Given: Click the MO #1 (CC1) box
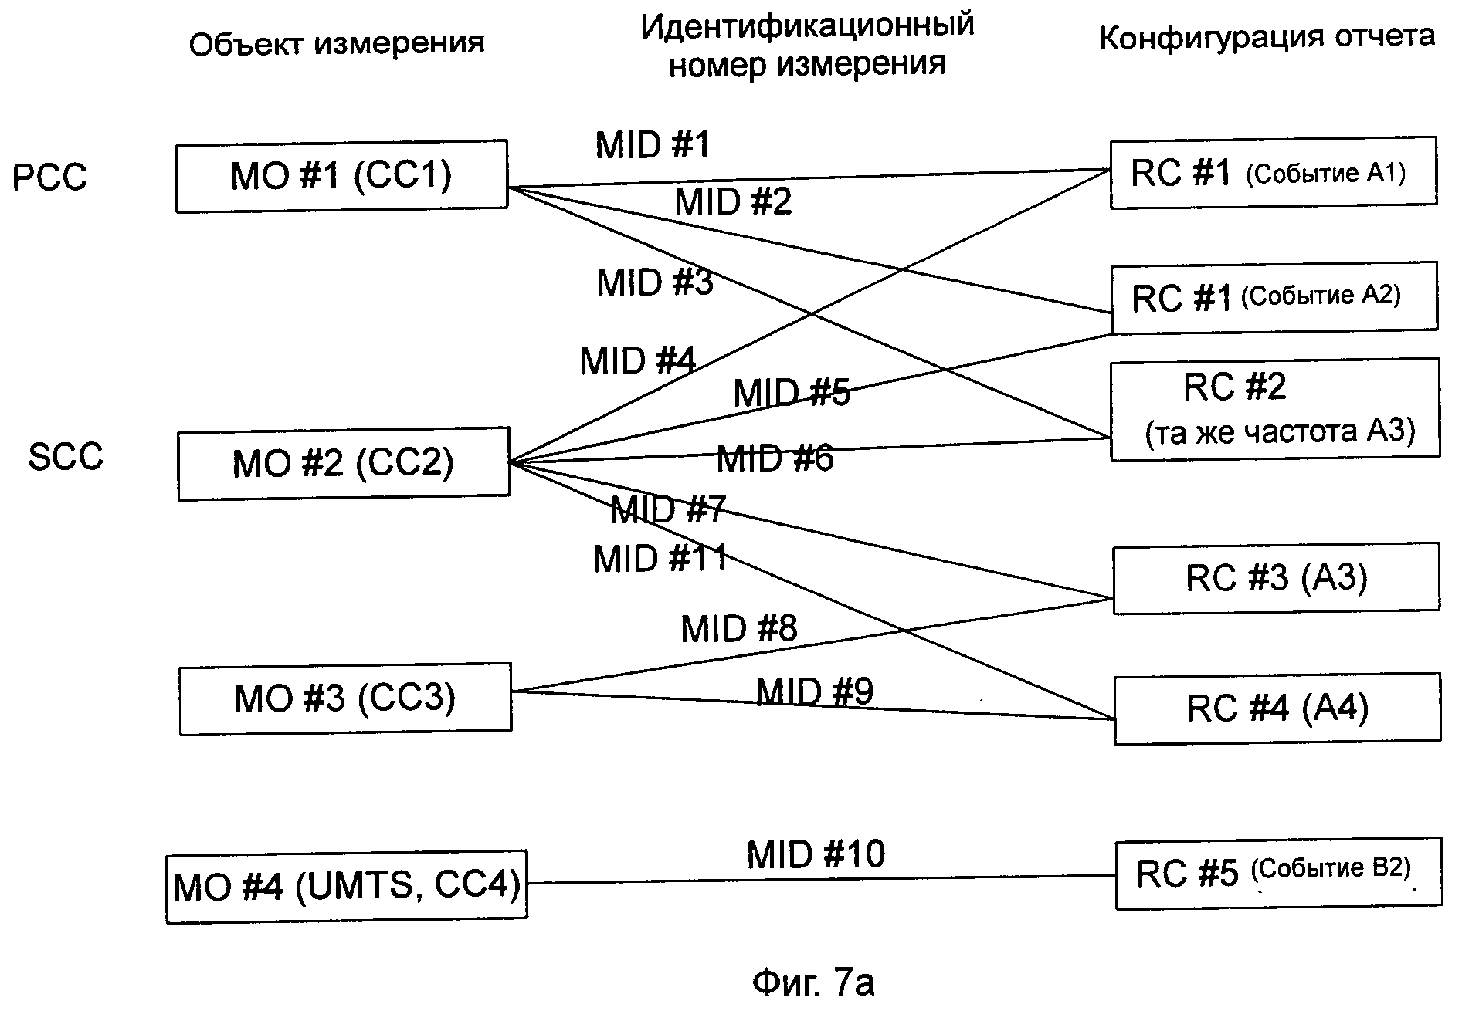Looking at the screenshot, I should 341,176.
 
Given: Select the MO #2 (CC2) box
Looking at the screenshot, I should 344,463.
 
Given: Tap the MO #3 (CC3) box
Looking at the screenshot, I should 345,698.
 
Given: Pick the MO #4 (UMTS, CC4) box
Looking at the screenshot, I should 347,886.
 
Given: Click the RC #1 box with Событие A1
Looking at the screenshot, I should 1273,173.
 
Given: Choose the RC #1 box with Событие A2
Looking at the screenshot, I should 1274,297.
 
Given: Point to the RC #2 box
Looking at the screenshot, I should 1274,409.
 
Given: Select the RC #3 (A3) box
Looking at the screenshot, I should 1276,578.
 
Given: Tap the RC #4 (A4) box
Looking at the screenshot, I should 1277,708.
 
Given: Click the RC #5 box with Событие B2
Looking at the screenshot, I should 1278,872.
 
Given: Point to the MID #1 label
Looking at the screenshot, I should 653,145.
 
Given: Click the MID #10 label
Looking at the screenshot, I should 816,854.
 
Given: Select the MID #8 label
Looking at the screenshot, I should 738,629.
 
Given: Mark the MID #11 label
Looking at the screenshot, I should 660,559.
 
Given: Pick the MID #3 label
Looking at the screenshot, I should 655,282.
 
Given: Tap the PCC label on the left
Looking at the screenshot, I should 50,178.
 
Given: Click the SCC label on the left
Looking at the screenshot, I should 66,456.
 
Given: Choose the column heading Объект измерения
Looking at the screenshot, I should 337,44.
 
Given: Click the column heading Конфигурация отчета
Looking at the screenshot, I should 1267,36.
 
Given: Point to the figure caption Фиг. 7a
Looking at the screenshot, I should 812,983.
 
